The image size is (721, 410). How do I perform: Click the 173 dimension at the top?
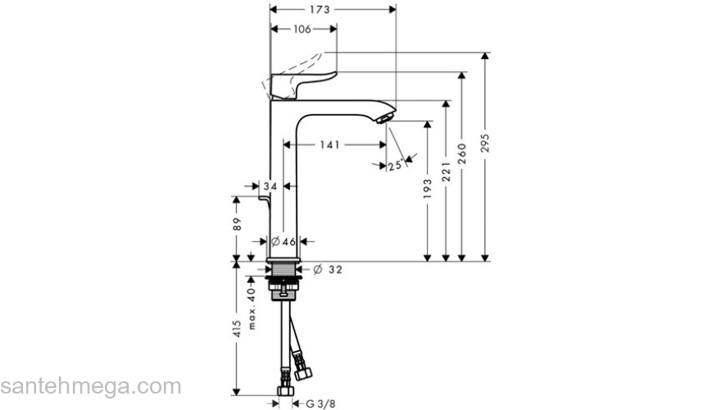click(x=320, y=10)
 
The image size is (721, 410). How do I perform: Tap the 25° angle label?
click(x=396, y=166)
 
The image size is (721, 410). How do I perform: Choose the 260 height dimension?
click(x=463, y=153)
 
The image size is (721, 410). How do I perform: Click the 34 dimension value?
click(x=271, y=187)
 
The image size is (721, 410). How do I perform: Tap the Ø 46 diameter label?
click(x=283, y=242)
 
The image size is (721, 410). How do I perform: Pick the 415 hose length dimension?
click(x=237, y=329)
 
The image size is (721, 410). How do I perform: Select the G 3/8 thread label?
click(x=320, y=403)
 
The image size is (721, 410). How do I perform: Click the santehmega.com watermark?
click(x=90, y=386)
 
